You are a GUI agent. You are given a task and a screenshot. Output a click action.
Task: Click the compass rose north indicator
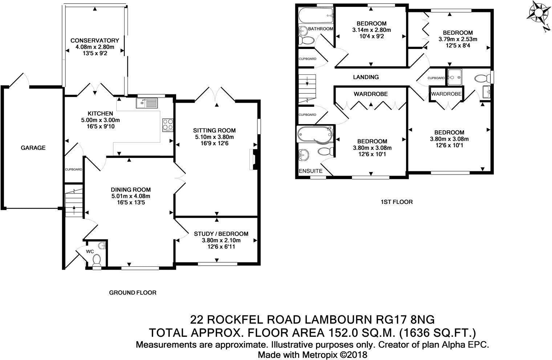pos(539,16)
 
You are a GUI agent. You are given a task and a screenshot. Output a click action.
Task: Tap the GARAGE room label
pos(33,148)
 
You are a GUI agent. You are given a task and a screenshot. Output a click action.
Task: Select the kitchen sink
pos(147,103)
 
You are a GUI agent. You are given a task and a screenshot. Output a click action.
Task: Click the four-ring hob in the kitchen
pos(167,125)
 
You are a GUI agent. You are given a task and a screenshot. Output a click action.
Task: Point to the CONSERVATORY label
pos(95,40)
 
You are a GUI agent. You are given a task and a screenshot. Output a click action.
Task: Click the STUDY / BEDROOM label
pos(221,234)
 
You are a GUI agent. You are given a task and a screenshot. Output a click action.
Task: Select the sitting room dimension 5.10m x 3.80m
pos(214,137)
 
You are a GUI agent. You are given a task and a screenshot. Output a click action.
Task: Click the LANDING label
pos(366,77)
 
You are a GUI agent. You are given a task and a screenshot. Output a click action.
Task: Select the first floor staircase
pos(307,89)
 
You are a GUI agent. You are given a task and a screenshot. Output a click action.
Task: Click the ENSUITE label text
pos(310,171)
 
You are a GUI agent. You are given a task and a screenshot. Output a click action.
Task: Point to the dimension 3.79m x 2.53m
pos(458,39)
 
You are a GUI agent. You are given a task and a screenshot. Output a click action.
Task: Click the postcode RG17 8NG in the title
pos(405,320)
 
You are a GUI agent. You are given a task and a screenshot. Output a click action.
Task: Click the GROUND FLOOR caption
pos(133,292)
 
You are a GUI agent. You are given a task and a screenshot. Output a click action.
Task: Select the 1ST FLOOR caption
pos(397,202)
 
